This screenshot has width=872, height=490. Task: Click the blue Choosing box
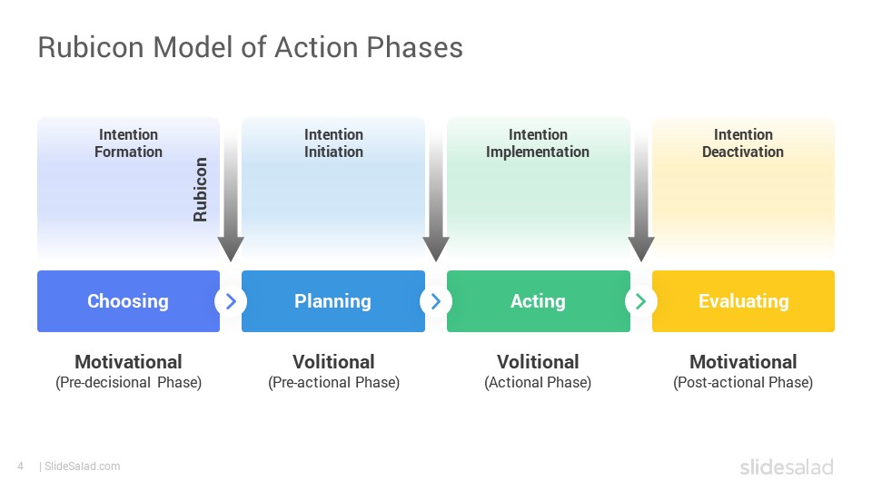coord(128,301)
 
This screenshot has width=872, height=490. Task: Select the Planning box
coord(333,301)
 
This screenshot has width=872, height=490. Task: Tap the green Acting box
coord(539,301)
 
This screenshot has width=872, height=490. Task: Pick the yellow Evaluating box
coord(744,301)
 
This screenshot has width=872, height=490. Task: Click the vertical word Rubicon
coord(200,190)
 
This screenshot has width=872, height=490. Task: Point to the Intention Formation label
coord(128,143)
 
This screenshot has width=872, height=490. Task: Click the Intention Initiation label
coord(333,143)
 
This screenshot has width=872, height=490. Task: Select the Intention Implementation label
coord(538,143)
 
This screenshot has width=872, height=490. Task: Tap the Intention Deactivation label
coord(743,143)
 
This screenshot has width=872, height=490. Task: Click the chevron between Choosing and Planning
coord(231,301)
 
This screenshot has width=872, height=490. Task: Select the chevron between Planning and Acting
coord(436,301)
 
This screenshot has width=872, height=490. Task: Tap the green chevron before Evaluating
coord(640,301)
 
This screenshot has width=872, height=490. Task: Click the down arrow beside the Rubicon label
coord(231,194)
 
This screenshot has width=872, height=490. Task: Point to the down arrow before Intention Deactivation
coord(641,194)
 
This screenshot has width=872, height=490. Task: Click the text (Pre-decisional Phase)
coord(128,383)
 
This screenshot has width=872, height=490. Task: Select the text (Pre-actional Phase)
coord(333,383)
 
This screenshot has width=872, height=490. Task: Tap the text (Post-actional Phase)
coord(743,383)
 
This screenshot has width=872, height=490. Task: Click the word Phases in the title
coord(415,47)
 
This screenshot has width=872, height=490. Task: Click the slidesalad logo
coord(787,466)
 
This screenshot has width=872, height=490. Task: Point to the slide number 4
coord(21,466)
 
